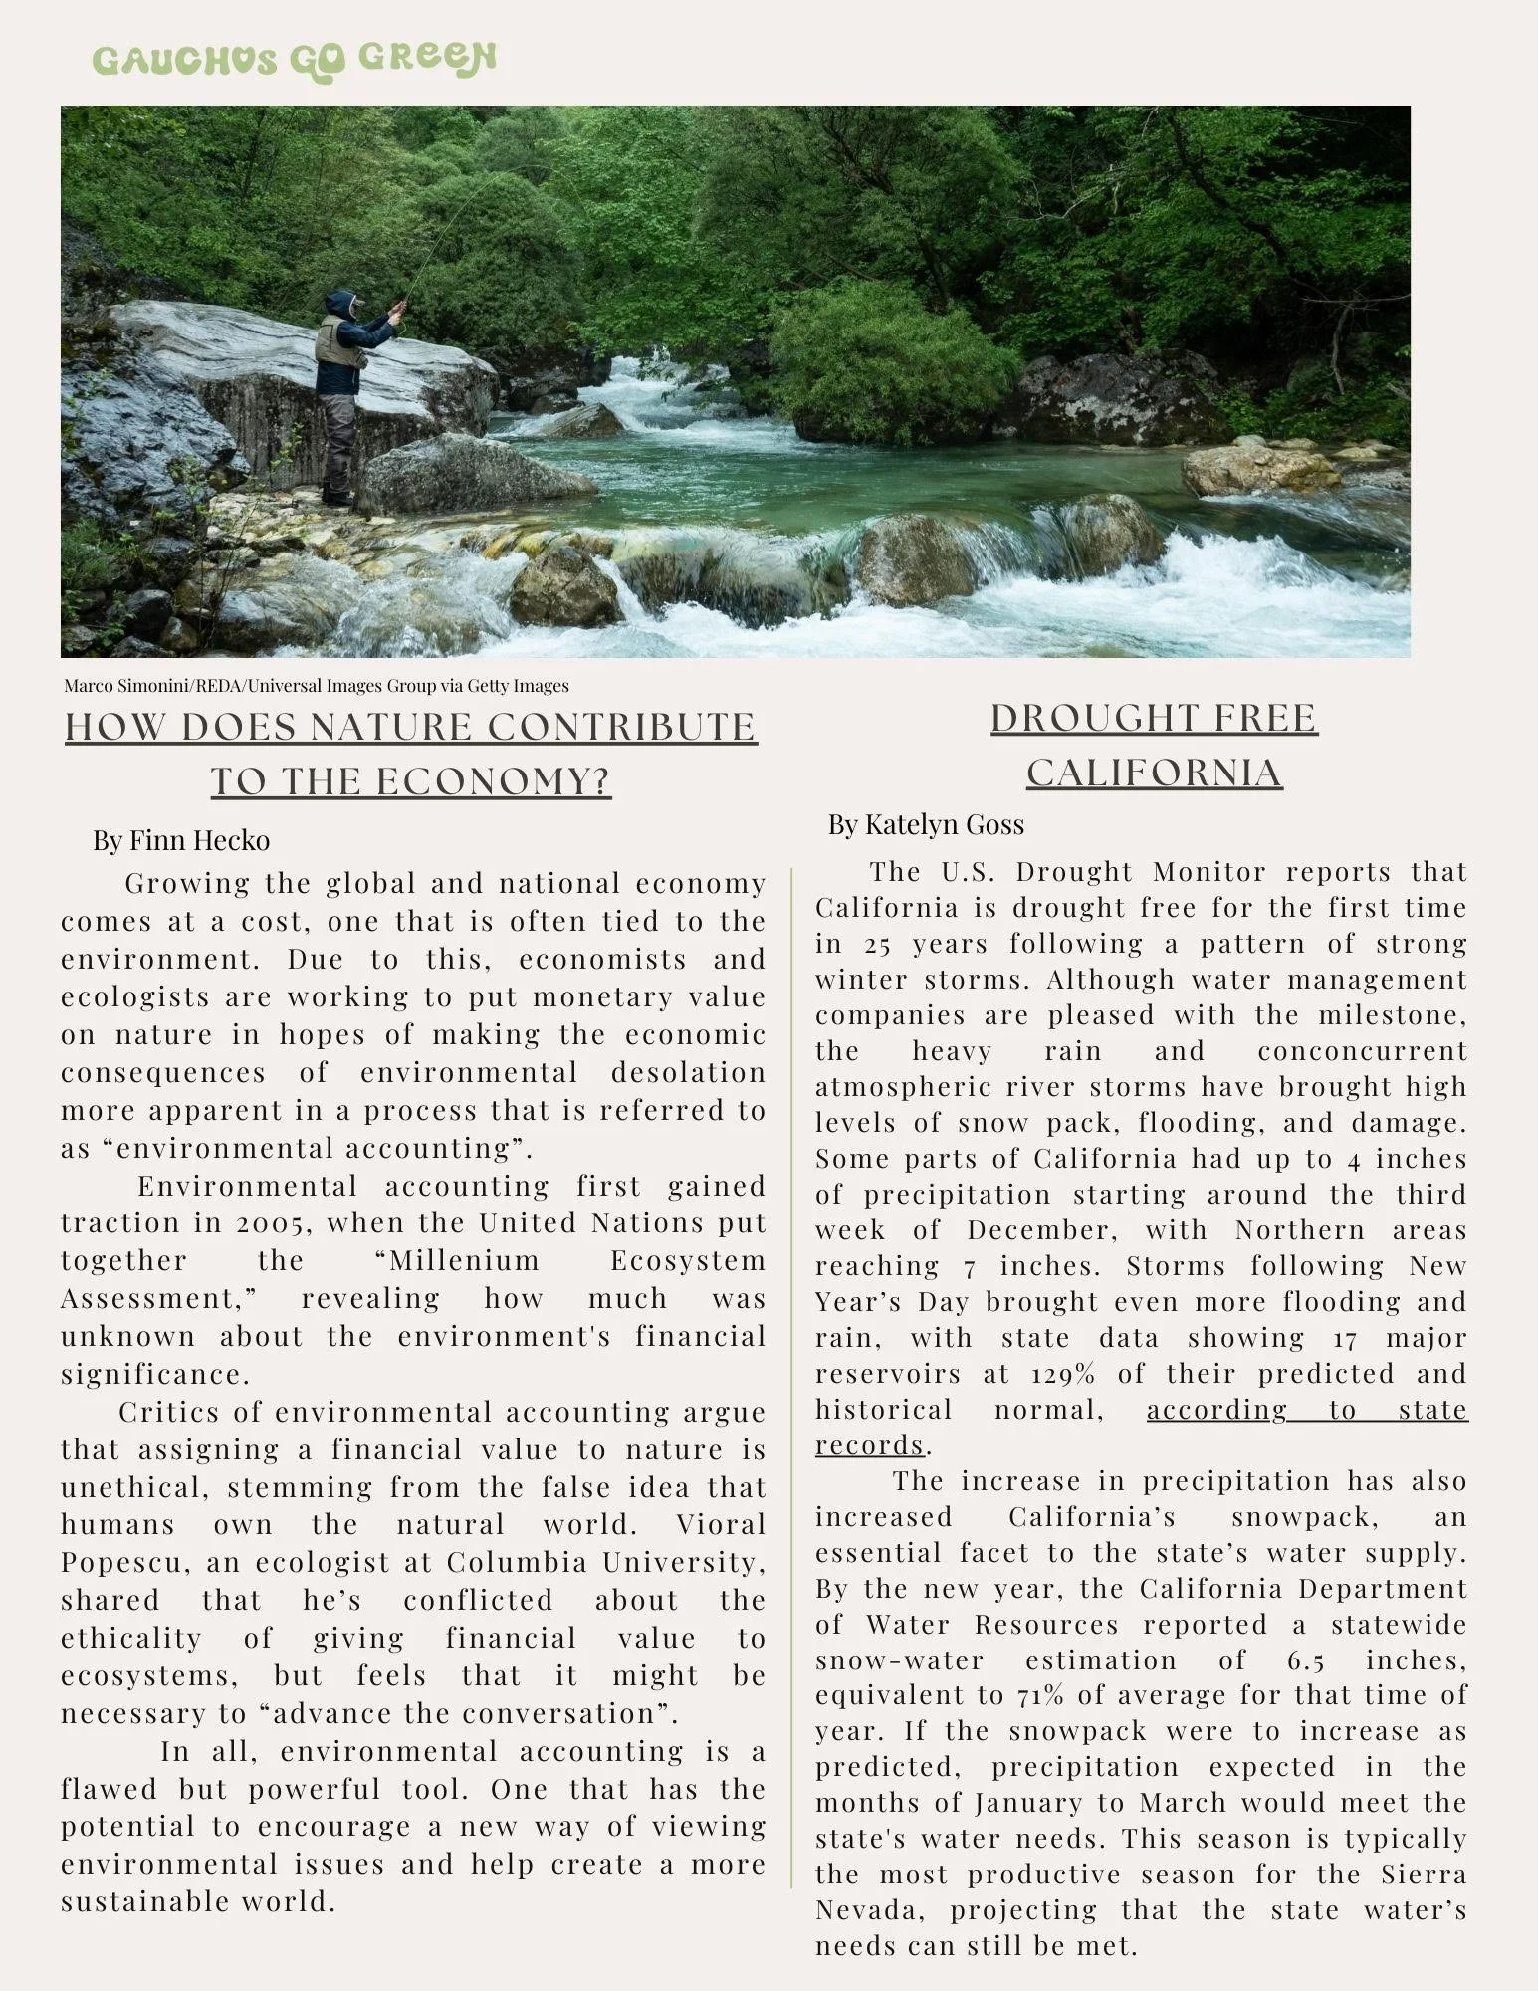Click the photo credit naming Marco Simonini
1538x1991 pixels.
point(317,686)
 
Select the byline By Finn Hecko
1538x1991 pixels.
point(181,840)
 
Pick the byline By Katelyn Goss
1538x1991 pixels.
point(926,824)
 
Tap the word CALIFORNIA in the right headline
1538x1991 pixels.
point(1154,773)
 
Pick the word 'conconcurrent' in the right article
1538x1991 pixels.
point(1363,1051)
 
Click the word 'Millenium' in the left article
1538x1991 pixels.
point(463,1261)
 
